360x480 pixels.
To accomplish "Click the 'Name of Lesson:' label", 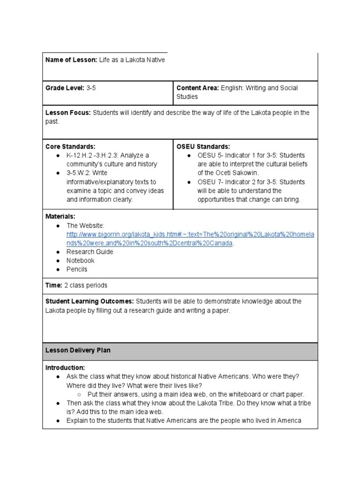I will (71, 60).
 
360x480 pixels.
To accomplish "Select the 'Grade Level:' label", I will (65, 88).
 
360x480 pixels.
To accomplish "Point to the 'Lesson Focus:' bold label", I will (68, 113).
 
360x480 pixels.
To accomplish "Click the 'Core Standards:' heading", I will (70, 147).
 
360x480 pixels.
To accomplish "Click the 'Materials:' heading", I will (60, 217).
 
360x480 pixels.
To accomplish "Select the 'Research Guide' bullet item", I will (90, 252).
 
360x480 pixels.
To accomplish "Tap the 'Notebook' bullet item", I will (80, 261).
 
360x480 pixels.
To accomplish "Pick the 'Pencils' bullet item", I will (77, 270).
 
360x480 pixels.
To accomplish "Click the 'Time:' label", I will (53, 285).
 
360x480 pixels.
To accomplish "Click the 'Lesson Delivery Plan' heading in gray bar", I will (78, 351).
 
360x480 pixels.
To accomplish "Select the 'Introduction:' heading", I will (65, 367).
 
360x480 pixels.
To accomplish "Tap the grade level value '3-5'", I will (91, 88).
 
